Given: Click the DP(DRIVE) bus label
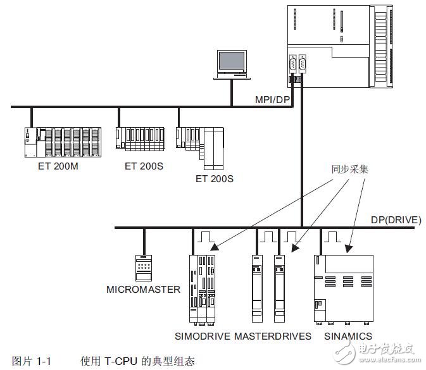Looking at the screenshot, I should click(395, 220).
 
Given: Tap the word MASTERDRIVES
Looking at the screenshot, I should click(273, 336).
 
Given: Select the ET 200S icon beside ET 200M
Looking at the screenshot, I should click(139, 139).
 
